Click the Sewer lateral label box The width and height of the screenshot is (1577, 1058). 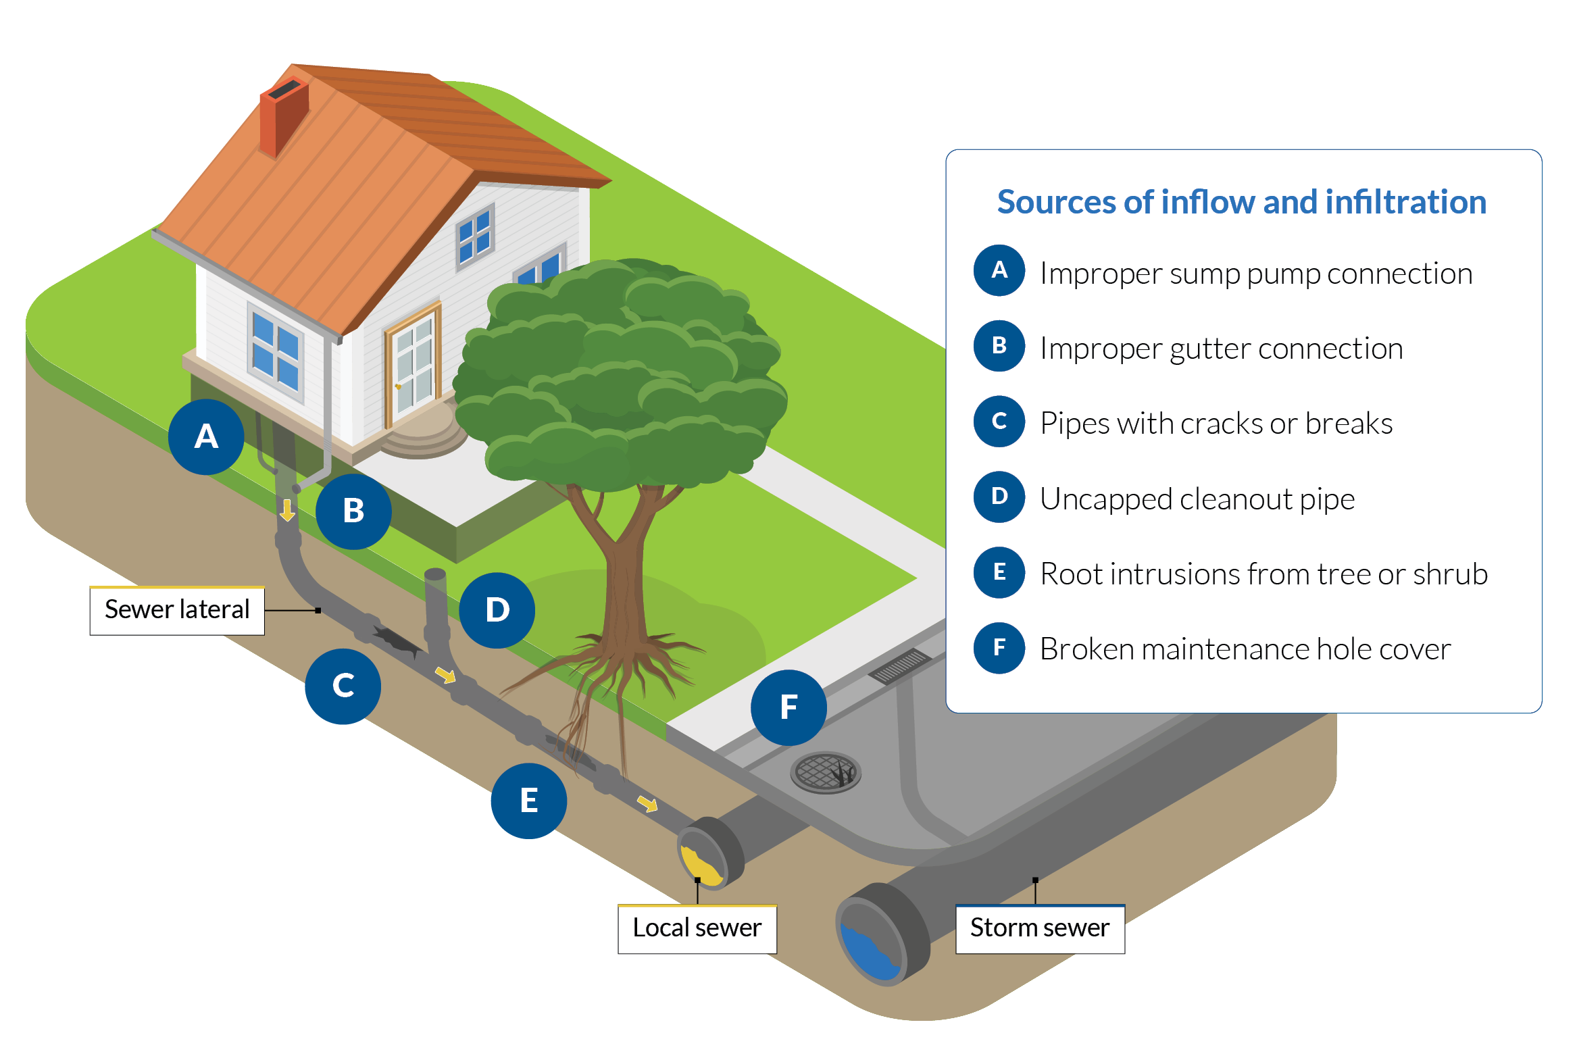click(x=177, y=610)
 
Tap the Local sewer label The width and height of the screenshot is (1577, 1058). click(x=697, y=928)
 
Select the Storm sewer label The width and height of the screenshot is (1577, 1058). click(x=1039, y=928)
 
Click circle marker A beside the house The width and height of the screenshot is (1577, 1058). click(x=206, y=436)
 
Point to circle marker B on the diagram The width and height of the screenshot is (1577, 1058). click(x=353, y=511)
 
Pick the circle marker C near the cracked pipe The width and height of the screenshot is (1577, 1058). click(x=343, y=686)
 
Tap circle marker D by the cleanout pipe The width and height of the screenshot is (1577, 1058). click(x=497, y=610)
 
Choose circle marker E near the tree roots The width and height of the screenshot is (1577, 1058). click(x=528, y=801)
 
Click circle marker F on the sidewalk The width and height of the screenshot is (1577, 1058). click(x=788, y=707)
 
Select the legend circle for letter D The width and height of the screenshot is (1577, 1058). click(x=999, y=497)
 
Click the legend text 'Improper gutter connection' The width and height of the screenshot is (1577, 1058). click(x=1221, y=349)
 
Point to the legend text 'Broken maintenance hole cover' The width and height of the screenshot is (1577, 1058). click(x=1245, y=649)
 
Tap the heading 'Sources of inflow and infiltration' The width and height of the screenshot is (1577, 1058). click(x=1241, y=202)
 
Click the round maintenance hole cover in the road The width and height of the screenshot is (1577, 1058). click(x=825, y=772)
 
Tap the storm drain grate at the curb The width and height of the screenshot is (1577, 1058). click(x=900, y=665)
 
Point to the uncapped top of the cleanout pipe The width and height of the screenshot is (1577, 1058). click(x=435, y=575)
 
